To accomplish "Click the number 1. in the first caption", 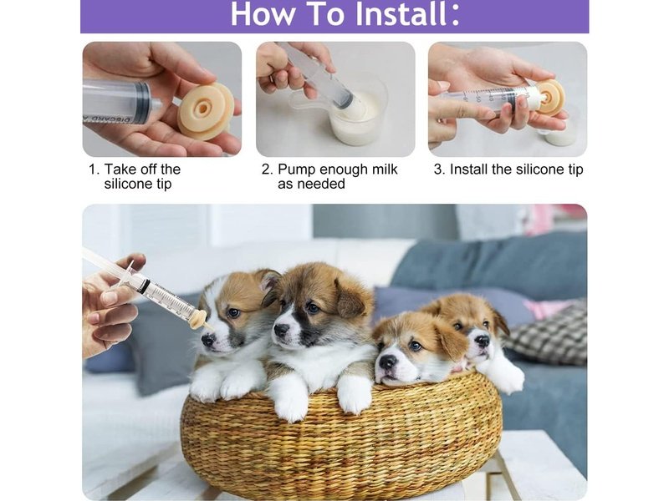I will pos(94,170).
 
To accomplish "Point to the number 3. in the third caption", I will pos(439,170).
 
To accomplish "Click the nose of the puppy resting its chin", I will pos(387,362).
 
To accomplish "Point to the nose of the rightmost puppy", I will pos(482,341).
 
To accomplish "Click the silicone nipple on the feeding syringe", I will pos(198,318).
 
